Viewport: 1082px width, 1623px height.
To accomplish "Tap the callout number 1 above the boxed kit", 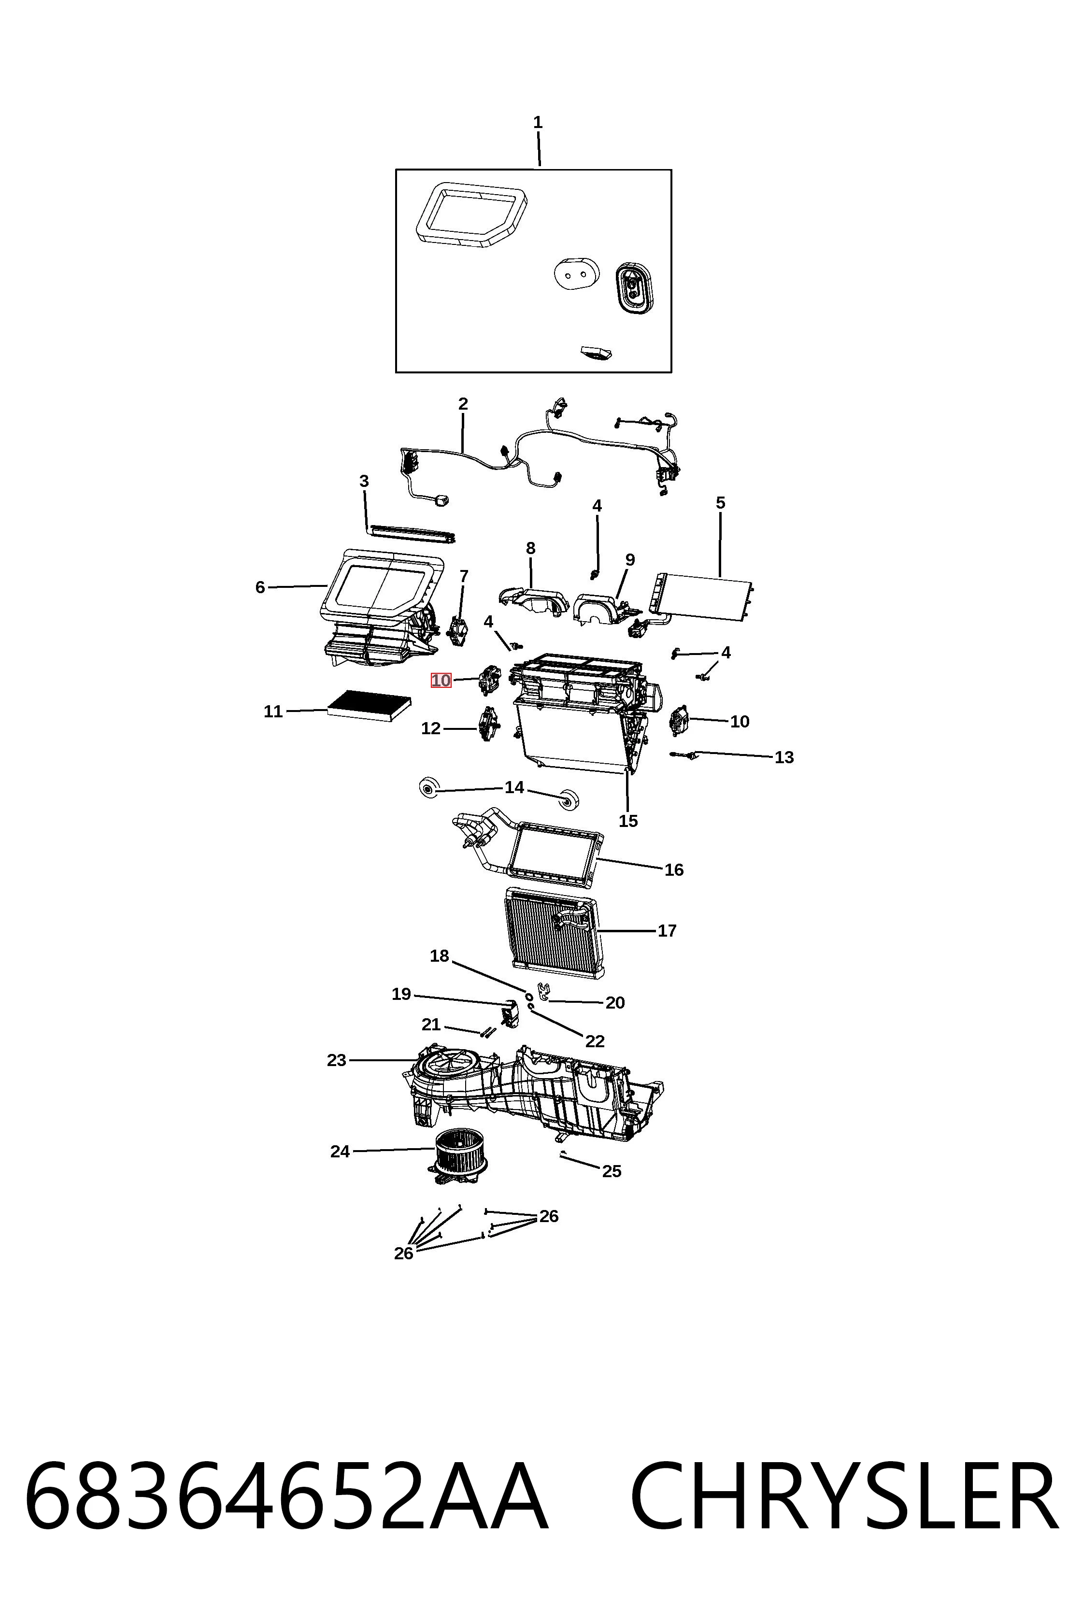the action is click(x=538, y=123).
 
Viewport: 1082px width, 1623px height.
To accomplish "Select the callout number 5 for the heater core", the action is click(x=720, y=503).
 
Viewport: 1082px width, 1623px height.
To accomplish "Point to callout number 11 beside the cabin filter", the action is click(x=273, y=712).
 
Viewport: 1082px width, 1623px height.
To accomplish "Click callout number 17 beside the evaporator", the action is click(x=667, y=931).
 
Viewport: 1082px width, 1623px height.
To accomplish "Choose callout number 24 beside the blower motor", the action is click(x=340, y=1152).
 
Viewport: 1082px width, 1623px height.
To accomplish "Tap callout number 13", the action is click(x=784, y=758).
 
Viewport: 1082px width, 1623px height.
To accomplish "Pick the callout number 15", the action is click(x=628, y=821).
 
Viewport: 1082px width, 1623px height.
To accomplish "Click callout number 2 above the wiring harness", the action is click(x=463, y=404).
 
